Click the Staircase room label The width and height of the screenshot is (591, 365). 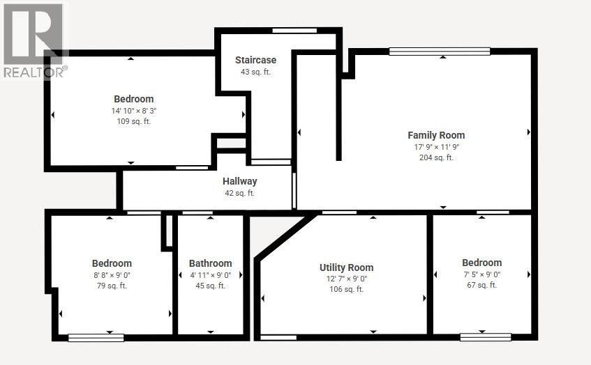tap(255, 61)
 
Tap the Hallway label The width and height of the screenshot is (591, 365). tap(240, 182)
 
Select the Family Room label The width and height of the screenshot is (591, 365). tap(436, 135)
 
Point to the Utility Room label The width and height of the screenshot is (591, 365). tap(346, 267)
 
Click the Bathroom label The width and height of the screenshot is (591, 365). tap(210, 263)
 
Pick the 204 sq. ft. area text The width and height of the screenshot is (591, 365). tap(436, 157)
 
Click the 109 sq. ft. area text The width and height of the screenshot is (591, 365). tap(133, 121)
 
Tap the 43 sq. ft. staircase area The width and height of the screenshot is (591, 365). tap(255, 72)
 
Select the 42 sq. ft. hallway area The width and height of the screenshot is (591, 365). tap(240, 193)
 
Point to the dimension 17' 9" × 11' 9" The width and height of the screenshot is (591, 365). tap(436, 147)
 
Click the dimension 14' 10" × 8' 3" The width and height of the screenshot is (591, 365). tap(133, 110)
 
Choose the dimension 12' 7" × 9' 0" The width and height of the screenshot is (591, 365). tap(346, 279)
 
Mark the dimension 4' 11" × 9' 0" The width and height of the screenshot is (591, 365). tap(210, 274)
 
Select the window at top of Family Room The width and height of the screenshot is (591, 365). tap(439, 50)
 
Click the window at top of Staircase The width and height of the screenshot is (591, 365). tap(294, 30)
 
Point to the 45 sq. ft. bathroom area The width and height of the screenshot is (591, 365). tap(210, 286)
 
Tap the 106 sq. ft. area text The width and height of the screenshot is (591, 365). tap(346, 290)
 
